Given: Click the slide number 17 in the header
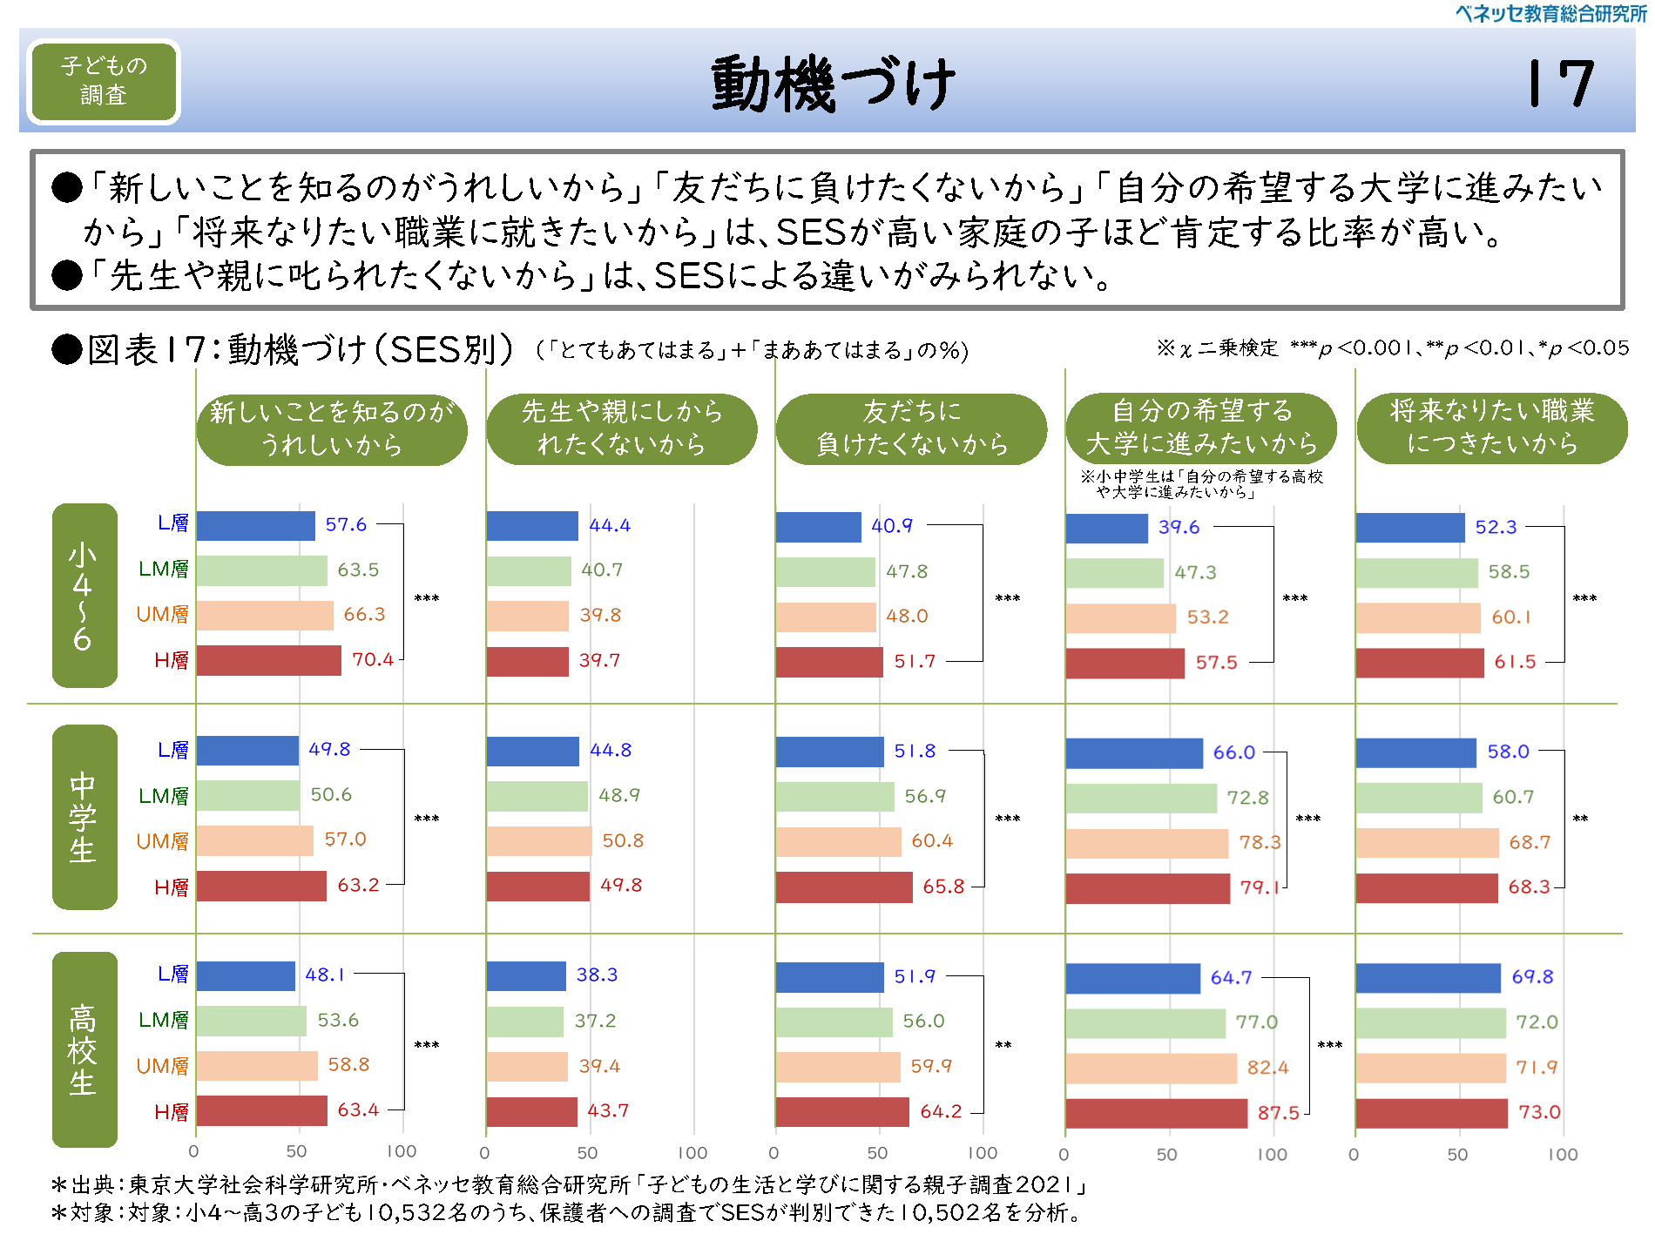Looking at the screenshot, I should point(1561,84).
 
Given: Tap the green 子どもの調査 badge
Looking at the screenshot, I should point(104,81).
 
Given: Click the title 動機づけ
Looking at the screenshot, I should point(833,84).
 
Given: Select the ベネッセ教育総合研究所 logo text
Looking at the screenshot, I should point(1550,13).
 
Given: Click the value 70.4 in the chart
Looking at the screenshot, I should point(373,659).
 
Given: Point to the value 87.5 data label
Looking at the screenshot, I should point(1278,1112).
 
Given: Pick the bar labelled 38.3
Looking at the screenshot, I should point(526,975).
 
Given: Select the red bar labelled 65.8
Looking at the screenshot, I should point(843,887).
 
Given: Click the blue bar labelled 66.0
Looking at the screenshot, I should point(1133,752).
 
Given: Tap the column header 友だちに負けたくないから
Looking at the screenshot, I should point(911,428).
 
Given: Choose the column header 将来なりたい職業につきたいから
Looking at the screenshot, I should point(1491,428).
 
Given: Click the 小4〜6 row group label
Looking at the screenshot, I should point(84,596).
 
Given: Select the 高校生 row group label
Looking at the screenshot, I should point(84,1049).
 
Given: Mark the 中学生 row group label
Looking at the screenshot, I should point(84,817).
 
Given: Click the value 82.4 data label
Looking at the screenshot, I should point(1267,1067).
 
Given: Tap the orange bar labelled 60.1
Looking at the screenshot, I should point(1417,617).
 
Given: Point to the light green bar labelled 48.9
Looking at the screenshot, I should point(537,796).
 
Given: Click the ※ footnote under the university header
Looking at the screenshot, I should point(1201,484).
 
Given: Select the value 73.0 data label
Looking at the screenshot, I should point(1539,1112).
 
